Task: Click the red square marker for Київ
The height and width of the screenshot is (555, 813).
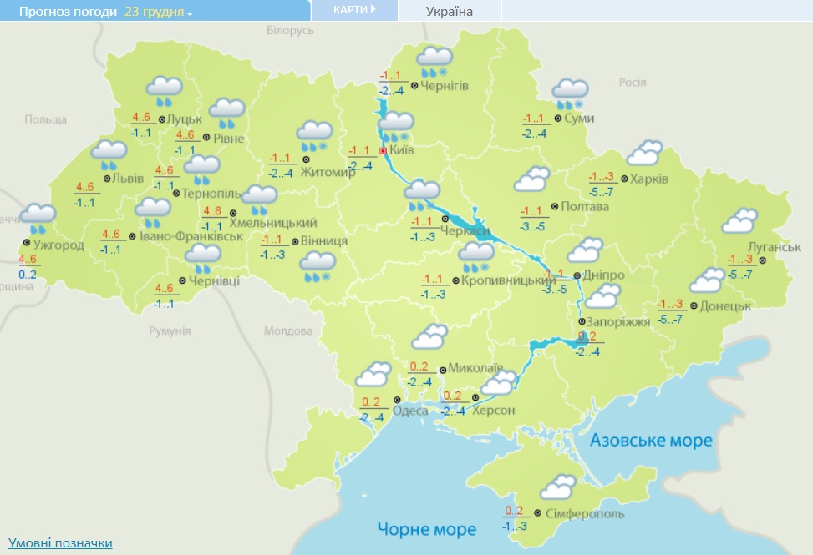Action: tap(383, 151)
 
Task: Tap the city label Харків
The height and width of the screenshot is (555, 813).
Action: tap(651, 179)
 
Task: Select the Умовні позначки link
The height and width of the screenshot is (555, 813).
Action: tap(60, 543)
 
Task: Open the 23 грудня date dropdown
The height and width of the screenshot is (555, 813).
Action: tap(158, 12)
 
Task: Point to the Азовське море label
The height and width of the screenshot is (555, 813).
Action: tap(651, 440)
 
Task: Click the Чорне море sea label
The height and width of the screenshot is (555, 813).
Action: tap(426, 528)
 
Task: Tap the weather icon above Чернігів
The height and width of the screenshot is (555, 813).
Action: tap(434, 61)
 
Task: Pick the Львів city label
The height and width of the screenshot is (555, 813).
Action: tap(128, 178)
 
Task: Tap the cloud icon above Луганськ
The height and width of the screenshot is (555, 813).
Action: tap(739, 221)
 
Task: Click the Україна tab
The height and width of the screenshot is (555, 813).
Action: tap(450, 11)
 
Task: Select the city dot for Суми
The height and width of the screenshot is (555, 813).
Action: tap(557, 119)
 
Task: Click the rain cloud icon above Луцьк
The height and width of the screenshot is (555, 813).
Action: tap(164, 90)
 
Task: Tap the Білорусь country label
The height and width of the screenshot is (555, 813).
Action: tap(290, 30)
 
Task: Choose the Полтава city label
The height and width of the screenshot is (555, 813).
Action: tap(586, 206)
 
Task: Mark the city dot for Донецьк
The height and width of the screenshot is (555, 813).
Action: tap(694, 306)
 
